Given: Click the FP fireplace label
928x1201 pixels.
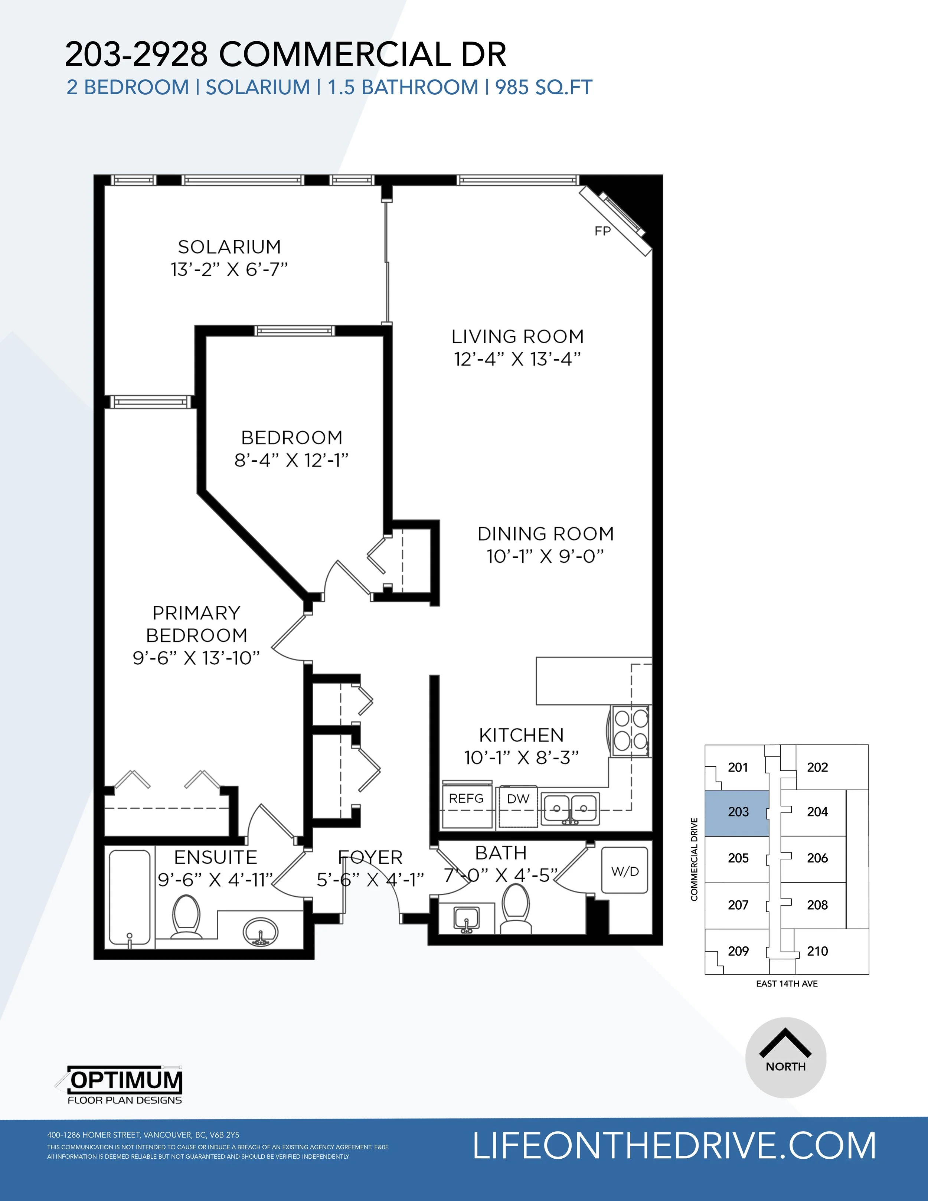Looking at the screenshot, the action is coord(603,231).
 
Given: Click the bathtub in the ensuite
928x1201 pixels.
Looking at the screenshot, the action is coord(130,899).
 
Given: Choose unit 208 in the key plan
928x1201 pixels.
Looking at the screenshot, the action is coord(817,904).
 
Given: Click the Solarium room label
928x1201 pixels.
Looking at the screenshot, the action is coord(229,247).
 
